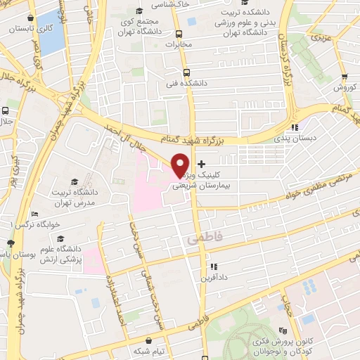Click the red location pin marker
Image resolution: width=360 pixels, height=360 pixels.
[x=180, y=165]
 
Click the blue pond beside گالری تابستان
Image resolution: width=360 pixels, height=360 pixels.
[x=51, y=39]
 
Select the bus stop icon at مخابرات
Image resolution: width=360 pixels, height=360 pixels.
[x=179, y=33]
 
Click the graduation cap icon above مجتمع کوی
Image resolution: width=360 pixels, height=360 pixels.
[x=139, y=11]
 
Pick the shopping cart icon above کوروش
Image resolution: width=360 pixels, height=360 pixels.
[x=344, y=77]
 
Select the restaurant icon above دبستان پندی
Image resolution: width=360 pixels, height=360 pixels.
[x=295, y=127]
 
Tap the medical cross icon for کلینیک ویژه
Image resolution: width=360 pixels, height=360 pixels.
[x=202, y=163]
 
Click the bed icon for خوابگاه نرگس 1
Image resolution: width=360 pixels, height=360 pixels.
[x=34, y=214]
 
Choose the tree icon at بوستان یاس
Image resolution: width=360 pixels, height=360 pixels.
[x=10, y=243]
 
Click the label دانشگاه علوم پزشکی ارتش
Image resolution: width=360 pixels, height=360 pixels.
[x=60, y=255]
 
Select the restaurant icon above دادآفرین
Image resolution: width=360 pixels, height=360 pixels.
[x=214, y=266]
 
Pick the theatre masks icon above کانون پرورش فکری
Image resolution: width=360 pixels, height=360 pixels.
[x=283, y=330]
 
